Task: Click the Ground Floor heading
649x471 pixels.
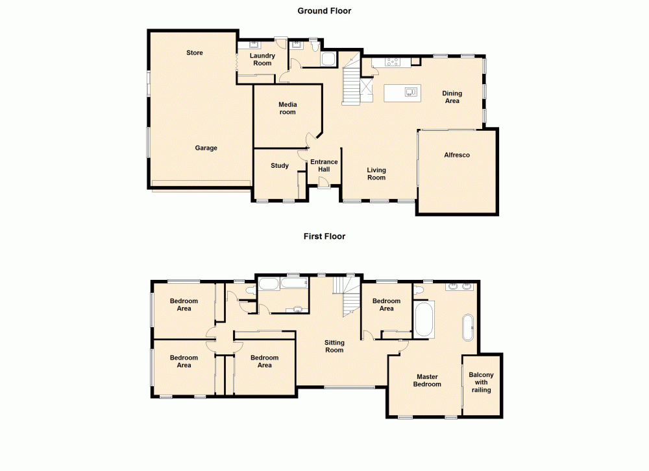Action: coord(324,10)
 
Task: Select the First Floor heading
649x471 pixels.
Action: coord(324,236)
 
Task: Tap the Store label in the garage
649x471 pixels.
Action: coord(195,52)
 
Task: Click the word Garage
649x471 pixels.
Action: coord(206,148)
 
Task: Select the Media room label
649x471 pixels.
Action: coord(288,108)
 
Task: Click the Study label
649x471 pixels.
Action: coord(280,166)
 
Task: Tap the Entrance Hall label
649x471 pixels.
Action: coord(324,166)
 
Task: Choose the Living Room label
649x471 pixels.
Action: coord(376,174)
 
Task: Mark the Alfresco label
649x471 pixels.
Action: coord(457,155)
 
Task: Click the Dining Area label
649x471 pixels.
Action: coord(452,97)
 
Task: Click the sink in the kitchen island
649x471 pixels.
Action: coord(410,92)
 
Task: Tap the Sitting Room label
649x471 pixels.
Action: coord(334,346)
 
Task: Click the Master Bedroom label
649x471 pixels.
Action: coord(428,380)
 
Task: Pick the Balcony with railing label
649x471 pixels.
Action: coord(482,382)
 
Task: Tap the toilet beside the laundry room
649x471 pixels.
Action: coord(313,45)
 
